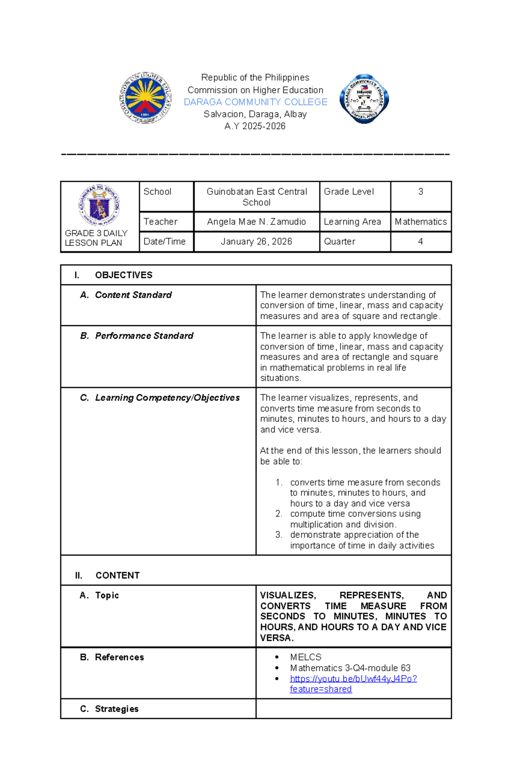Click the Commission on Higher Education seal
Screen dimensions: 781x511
[x=146, y=98]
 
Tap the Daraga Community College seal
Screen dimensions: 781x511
[x=364, y=99]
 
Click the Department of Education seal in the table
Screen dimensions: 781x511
[x=99, y=205]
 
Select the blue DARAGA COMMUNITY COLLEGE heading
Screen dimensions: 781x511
[x=255, y=102]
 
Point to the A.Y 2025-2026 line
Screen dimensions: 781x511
[x=255, y=126]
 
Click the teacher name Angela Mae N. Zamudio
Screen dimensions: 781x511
[x=256, y=222]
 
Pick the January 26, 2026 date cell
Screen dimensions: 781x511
[x=256, y=242]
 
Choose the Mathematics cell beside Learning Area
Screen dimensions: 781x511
[x=421, y=222]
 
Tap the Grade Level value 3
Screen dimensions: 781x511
[x=421, y=192]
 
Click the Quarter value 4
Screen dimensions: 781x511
[x=421, y=242]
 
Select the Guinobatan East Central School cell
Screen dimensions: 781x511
[x=257, y=197]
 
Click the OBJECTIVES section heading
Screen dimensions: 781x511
[x=123, y=275]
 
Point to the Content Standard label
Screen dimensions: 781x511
[x=133, y=295]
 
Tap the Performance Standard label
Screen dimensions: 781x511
[x=144, y=336]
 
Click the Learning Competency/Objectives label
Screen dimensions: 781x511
[x=167, y=398]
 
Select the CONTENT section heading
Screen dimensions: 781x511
[x=118, y=575]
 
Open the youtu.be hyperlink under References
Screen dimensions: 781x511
[x=353, y=679]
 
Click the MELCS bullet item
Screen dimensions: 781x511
[x=306, y=657]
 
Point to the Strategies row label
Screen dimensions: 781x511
[x=117, y=709]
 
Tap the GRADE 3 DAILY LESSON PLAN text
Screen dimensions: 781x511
[x=96, y=238]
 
